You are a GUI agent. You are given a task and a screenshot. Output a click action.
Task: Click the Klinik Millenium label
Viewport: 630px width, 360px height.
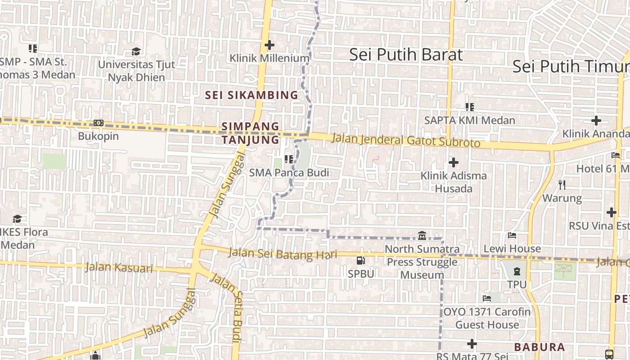(x=270, y=58)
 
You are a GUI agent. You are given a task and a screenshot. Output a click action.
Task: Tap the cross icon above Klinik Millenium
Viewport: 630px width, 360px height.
(x=270, y=45)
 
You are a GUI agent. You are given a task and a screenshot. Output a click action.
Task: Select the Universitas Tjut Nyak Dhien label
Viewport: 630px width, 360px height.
(x=136, y=71)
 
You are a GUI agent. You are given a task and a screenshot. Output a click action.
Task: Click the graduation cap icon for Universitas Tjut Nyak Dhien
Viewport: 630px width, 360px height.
(x=136, y=51)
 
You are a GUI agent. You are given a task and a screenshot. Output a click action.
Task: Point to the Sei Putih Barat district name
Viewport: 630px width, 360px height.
(x=406, y=54)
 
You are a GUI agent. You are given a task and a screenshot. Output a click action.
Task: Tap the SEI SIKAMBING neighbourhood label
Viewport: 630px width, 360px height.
(x=252, y=95)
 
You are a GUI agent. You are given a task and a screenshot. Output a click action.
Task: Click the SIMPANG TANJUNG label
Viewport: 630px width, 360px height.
(x=251, y=133)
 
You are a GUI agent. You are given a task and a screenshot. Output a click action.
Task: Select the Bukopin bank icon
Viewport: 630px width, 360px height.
(x=99, y=123)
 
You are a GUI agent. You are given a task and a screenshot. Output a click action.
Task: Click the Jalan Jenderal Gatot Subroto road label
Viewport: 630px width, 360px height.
(x=406, y=140)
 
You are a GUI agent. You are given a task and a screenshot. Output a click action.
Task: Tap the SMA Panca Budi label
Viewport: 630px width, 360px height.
(x=289, y=172)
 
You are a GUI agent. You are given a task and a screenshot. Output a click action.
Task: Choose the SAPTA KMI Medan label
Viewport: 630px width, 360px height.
(x=470, y=121)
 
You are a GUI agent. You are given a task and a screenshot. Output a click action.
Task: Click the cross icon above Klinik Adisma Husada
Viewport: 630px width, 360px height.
(x=454, y=162)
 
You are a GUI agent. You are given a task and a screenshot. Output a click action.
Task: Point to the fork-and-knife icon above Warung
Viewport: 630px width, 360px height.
(x=562, y=184)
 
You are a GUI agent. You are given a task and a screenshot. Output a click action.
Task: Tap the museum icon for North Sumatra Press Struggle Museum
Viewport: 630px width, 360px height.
(x=422, y=235)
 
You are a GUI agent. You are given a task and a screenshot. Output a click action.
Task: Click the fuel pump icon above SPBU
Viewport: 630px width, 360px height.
(x=361, y=260)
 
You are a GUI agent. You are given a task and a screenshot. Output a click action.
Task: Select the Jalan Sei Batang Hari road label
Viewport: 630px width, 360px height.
(x=283, y=254)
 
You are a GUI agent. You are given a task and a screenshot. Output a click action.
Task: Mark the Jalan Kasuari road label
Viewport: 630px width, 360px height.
(x=119, y=268)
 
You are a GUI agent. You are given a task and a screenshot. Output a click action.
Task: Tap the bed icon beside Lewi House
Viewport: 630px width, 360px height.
(x=512, y=235)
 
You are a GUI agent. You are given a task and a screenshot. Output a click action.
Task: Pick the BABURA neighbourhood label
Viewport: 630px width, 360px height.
(x=539, y=347)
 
